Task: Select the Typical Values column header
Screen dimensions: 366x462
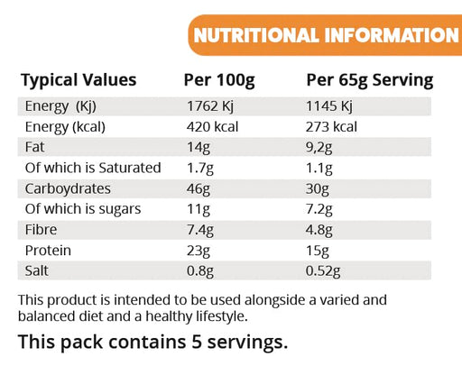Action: click(x=79, y=80)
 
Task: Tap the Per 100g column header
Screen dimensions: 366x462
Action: click(x=220, y=80)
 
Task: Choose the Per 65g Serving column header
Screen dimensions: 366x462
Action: click(x=370, y=80)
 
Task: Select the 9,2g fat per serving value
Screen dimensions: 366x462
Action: click(x=323, y=147)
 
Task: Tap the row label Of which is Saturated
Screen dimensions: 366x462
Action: click(x=94, y=168)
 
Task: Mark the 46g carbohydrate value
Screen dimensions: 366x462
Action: click(x=197, y=189)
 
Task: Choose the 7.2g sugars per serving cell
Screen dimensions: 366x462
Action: click(x=321, y=210)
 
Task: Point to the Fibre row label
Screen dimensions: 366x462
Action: click(x=42, y=231)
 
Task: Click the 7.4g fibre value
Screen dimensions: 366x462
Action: click(x=200, y=231)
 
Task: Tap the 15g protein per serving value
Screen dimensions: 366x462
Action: click(x=319, y=252)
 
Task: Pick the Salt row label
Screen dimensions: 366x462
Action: click(x=37, y=272)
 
